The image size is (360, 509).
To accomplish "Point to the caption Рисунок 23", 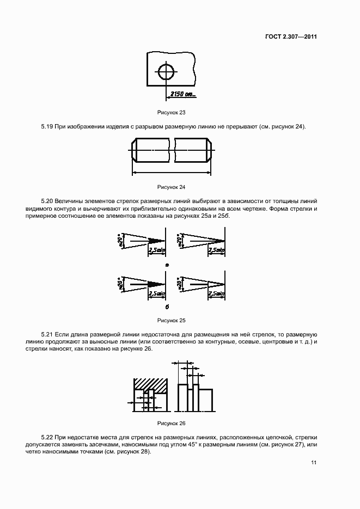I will pos(172,112).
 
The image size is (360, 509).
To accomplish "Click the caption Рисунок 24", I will pos(172,187).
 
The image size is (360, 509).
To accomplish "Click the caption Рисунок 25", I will pos(172,320).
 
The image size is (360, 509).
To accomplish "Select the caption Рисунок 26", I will pos(172,423).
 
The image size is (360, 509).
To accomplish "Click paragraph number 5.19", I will pos(47,127).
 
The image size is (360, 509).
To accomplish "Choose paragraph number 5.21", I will pos(47,333).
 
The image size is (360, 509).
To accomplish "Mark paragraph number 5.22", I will pos(47,437).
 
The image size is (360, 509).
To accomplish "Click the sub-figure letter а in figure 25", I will pos(167,265).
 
